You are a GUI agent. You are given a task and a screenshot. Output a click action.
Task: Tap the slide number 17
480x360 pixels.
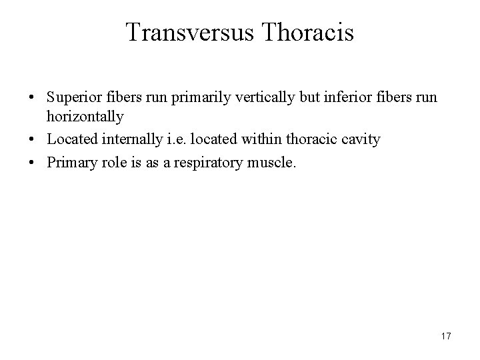(445, 336)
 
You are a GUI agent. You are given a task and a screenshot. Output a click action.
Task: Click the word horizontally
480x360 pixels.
(85, 117)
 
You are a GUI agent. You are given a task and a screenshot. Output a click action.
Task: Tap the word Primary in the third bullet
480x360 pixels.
(67, 161)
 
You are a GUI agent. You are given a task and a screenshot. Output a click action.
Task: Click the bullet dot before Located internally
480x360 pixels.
(33, 139)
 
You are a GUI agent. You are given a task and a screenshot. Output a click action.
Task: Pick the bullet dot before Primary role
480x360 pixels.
(33, 161)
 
